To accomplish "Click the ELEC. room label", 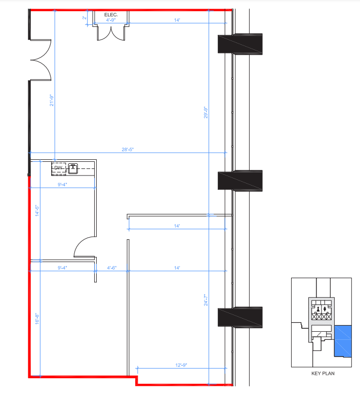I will click(111, 15).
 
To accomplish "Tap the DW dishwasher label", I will click(58, 168).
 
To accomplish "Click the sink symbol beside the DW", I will click(73, 168).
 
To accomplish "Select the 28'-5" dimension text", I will click(127, 150).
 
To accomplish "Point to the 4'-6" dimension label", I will click(112, 268).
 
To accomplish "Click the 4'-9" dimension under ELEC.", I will click(111, 21).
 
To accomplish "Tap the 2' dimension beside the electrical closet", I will click(84, 18).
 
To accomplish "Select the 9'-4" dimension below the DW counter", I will click(63, 185).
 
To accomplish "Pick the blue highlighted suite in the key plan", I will click(343, 340).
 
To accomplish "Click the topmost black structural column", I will click(240, 43).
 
